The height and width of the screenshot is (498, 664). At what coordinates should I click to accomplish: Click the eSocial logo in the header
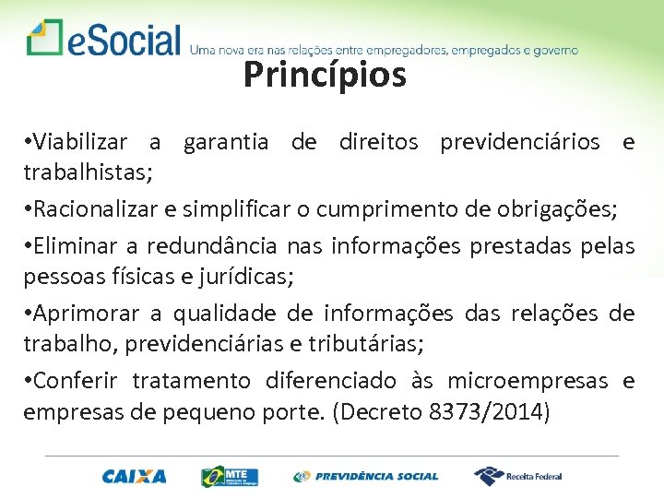(103, 39)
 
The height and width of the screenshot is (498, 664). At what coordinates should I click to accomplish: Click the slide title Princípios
(325, 76)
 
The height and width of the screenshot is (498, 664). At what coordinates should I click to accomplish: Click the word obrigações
(554, 208)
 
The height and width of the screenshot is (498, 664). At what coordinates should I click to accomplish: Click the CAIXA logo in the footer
(135, 476)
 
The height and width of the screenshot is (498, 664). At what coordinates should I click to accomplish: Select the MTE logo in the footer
(230, 476)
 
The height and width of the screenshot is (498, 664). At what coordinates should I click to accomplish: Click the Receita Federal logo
(517, 476)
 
